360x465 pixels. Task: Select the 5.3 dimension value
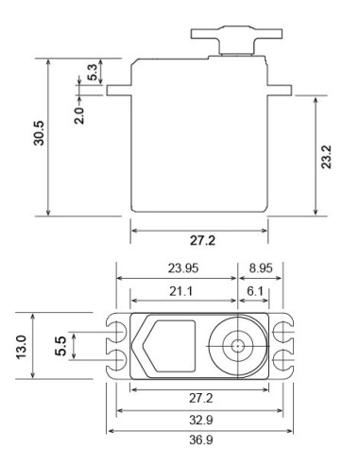pos(92,72)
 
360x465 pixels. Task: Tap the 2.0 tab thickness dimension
pos(80,114)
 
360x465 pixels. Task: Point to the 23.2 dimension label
pos(327,155)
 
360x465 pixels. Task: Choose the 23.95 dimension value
pos(177,267)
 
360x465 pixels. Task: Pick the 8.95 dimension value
pos(261,267)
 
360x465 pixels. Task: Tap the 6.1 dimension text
pos(257,290)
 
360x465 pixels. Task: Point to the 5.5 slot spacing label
pos(60,346)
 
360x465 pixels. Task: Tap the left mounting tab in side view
pos(118,92)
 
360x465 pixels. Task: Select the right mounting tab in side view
pos(281,92)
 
